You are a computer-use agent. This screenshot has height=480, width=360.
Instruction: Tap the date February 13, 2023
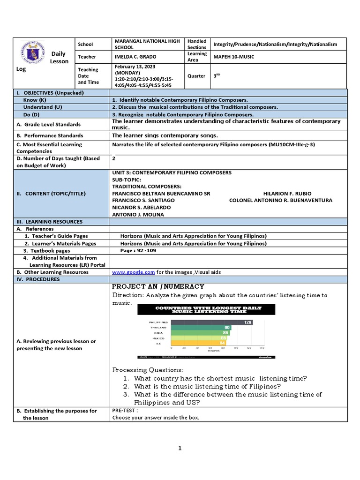[x=136, y=67]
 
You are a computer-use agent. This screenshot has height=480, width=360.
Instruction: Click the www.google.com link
[x=134, y=272]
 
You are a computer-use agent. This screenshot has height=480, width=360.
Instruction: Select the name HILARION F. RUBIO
[x=287, y=193]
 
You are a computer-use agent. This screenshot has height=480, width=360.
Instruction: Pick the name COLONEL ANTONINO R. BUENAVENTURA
[x=280, y=200]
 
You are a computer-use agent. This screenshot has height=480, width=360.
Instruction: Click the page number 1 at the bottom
[x=180, y=449]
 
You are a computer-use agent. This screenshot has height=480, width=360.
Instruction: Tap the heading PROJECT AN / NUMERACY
[x=158, y=286]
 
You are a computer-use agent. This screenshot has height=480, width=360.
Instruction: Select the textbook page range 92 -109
[x=138, y=250]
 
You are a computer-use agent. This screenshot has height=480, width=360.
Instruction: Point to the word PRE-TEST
[x=125, y=411]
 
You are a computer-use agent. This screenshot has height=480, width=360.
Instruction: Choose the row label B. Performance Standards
[x=48, y=135]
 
